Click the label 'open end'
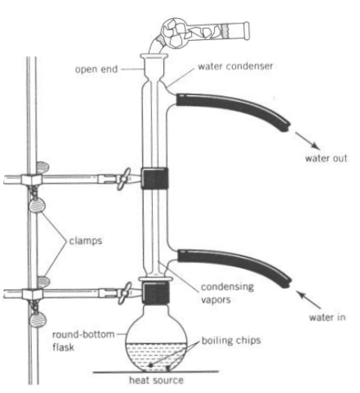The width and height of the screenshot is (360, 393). click(x=96, y=70)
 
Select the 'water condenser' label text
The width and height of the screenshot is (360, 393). click(x=235, y=67)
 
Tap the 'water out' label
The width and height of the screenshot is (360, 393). click(x=326, y=158)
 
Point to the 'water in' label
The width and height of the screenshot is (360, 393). click(x=327, y=317)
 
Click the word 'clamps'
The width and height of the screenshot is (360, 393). click(x=85, y=241)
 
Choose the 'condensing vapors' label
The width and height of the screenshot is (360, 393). click(x=227, y=293)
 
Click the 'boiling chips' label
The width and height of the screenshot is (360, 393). click(x=231, y=340)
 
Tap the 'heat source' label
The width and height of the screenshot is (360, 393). click(x=157, y=380)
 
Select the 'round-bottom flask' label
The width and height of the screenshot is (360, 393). click(x=83, y=341)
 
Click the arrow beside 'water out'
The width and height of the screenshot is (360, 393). click(x=308, y=141)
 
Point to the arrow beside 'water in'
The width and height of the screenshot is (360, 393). click(x=309, y=300)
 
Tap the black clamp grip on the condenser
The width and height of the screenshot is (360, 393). click(x=154, y=178)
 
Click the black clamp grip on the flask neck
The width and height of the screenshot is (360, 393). click(x=156, y=293)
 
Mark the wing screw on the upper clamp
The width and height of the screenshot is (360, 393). click(x=124, y=179)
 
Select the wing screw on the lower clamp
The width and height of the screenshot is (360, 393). click(x=125, y=293)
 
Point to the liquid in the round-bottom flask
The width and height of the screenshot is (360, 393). click(x=157, y=357)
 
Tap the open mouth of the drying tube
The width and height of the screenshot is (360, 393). click(x=247, y=31)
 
